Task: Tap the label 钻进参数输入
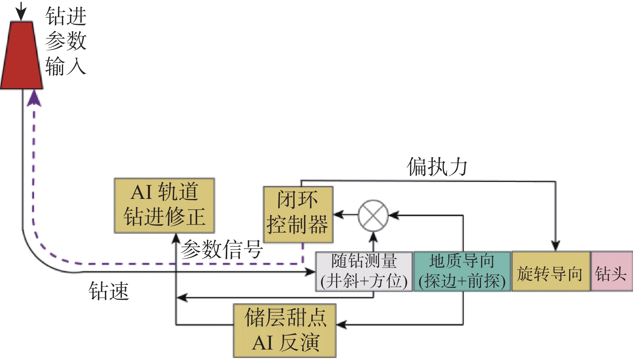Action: click(x=66, y=41)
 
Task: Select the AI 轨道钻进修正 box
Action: click(x=164, y=205)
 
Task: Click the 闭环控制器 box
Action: click(x=298, y=214)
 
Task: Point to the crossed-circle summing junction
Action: click(x=373, y=215)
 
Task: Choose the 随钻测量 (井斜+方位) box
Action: click(x=364, y=271)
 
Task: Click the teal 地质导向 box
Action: click(x=462, y=271)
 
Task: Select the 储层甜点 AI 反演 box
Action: click(x=285, y=330)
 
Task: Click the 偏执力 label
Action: click(x=437, y=167)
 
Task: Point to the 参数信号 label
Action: click(x=221, y=250)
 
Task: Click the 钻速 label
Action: click(x=109, y=291)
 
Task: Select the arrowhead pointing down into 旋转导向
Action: click(x=555, y=245)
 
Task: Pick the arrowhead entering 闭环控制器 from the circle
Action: click(x=338, y=215)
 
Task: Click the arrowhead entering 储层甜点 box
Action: click(x=342, y=324)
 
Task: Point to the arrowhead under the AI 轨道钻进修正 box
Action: click(x=176, y=239)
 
